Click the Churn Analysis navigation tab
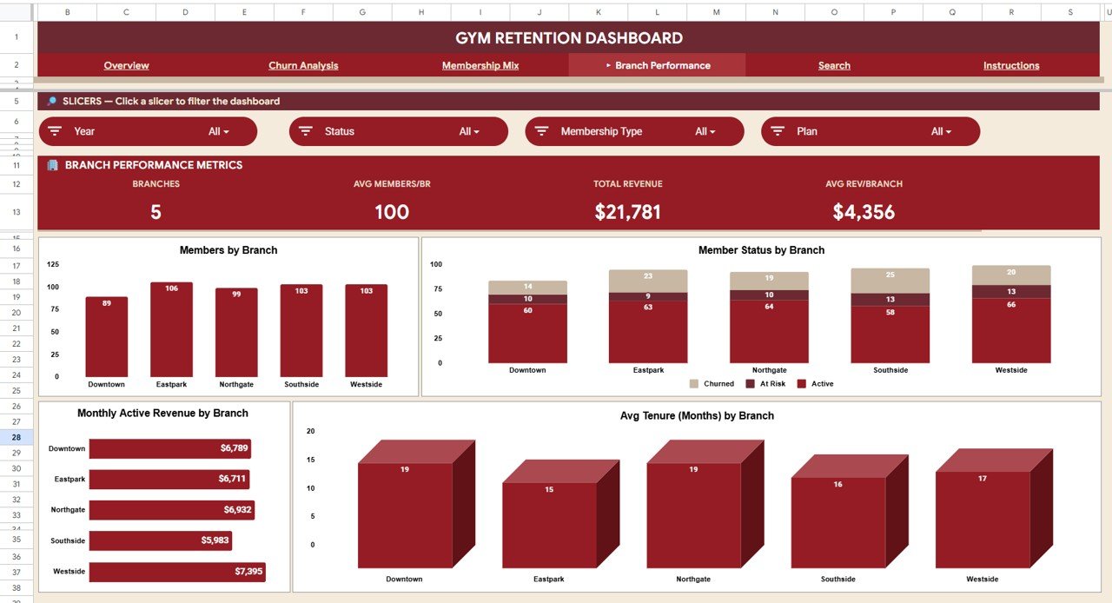[x=303, y=66]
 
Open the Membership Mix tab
[x=480, y=66]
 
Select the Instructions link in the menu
[x=1010, y=66]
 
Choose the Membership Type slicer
[x=634, y=131]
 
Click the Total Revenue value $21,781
[x=627, y=212]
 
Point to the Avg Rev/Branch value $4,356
[x=864, y=212]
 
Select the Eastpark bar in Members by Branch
[x=171, y=330]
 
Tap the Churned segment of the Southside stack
[x=890, y=281]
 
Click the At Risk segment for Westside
[x=1010, y=292]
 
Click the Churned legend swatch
[x=693, y=384]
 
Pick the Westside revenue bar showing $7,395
[x=176, y=572]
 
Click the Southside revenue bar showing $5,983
[x=160, y=540]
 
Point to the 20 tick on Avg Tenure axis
[x=311, y=432]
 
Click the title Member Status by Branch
[x=761, y=250]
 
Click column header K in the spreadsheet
[x=598, y=12]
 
